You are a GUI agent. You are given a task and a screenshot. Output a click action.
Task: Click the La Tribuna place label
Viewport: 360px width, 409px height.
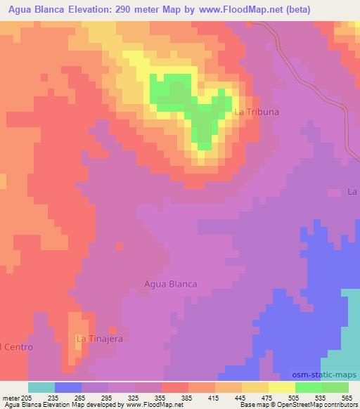257,112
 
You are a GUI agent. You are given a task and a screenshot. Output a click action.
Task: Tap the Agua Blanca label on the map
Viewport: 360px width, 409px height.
169,284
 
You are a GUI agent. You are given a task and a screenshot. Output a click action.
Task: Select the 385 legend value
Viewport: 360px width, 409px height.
188,397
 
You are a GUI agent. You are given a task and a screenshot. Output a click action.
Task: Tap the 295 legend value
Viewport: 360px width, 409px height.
108,397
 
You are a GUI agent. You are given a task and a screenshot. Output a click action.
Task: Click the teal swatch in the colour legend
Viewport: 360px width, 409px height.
41,387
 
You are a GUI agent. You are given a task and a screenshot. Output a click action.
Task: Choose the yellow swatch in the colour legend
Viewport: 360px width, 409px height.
281,387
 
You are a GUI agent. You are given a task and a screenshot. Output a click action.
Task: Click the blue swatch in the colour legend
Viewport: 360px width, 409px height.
67,387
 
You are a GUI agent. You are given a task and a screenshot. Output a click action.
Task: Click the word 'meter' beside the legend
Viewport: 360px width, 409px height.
10,397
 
